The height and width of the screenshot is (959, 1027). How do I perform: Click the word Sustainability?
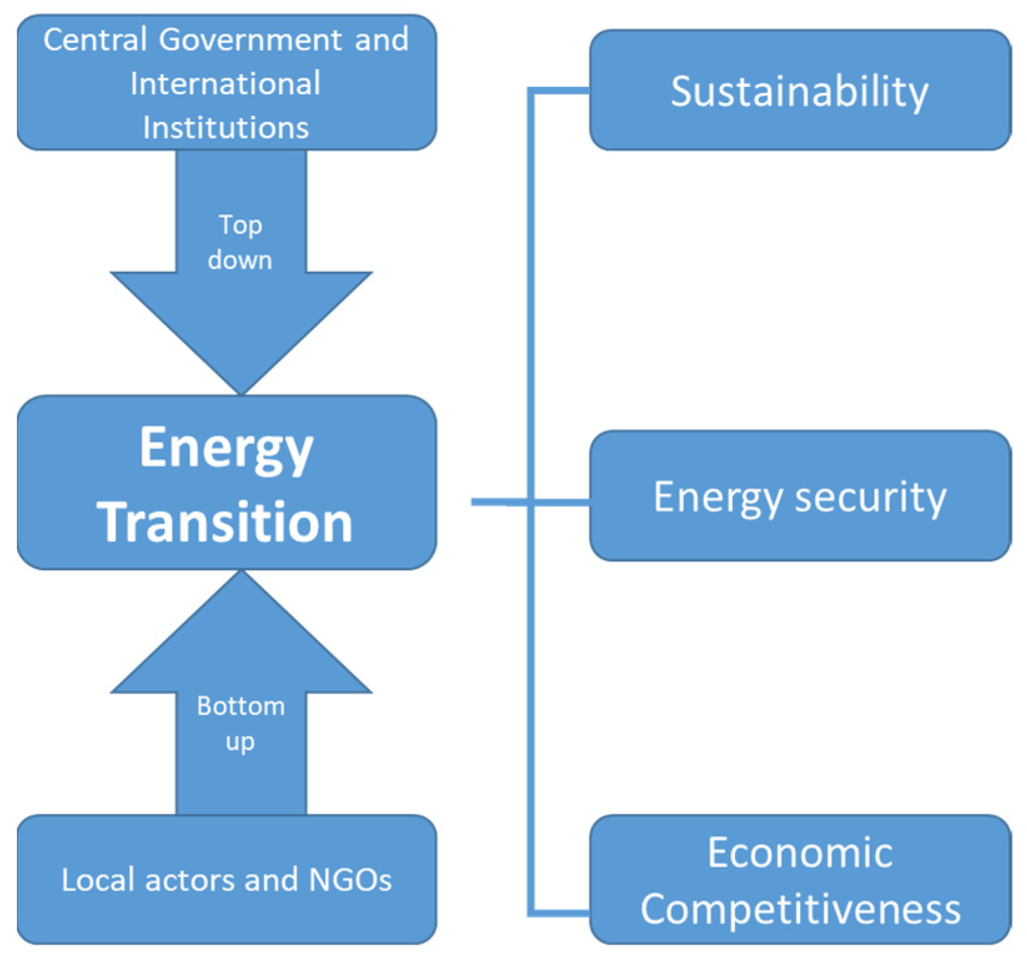[799, 92]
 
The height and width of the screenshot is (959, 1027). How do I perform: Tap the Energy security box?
[800, 496]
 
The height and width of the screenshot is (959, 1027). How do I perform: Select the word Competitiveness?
[800, 908]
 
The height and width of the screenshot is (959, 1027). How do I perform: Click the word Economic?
[800, 852]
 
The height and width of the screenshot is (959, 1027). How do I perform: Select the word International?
[225, 84]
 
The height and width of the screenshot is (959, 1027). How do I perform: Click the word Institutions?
[225, 127]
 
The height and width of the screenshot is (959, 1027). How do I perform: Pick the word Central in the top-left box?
[95, 40]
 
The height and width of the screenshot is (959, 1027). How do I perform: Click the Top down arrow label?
[240, 242]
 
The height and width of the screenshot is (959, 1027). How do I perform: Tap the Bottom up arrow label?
[240, 724]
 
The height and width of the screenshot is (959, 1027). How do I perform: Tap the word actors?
[190, 880]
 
